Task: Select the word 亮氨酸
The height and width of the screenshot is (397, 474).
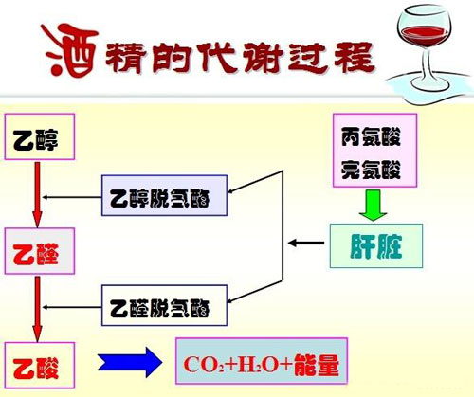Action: (x=371, y=171)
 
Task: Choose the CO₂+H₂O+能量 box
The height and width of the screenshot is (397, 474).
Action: (x=258, y=363)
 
